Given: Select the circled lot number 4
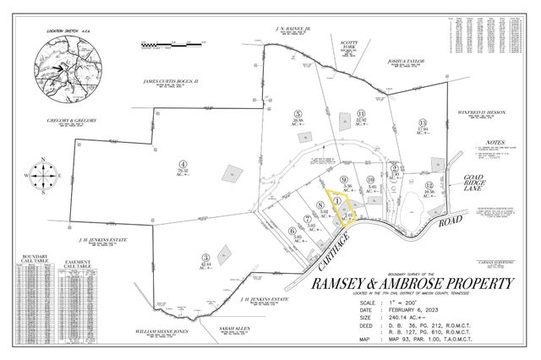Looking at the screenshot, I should [x=183, y=164].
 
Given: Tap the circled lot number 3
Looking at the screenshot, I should [x=205, y=257].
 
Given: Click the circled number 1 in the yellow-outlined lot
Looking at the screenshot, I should [x=337, y=201].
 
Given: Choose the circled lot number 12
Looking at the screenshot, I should [x=429, y=185].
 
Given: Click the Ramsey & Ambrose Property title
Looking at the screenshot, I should [x=413, y=284].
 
